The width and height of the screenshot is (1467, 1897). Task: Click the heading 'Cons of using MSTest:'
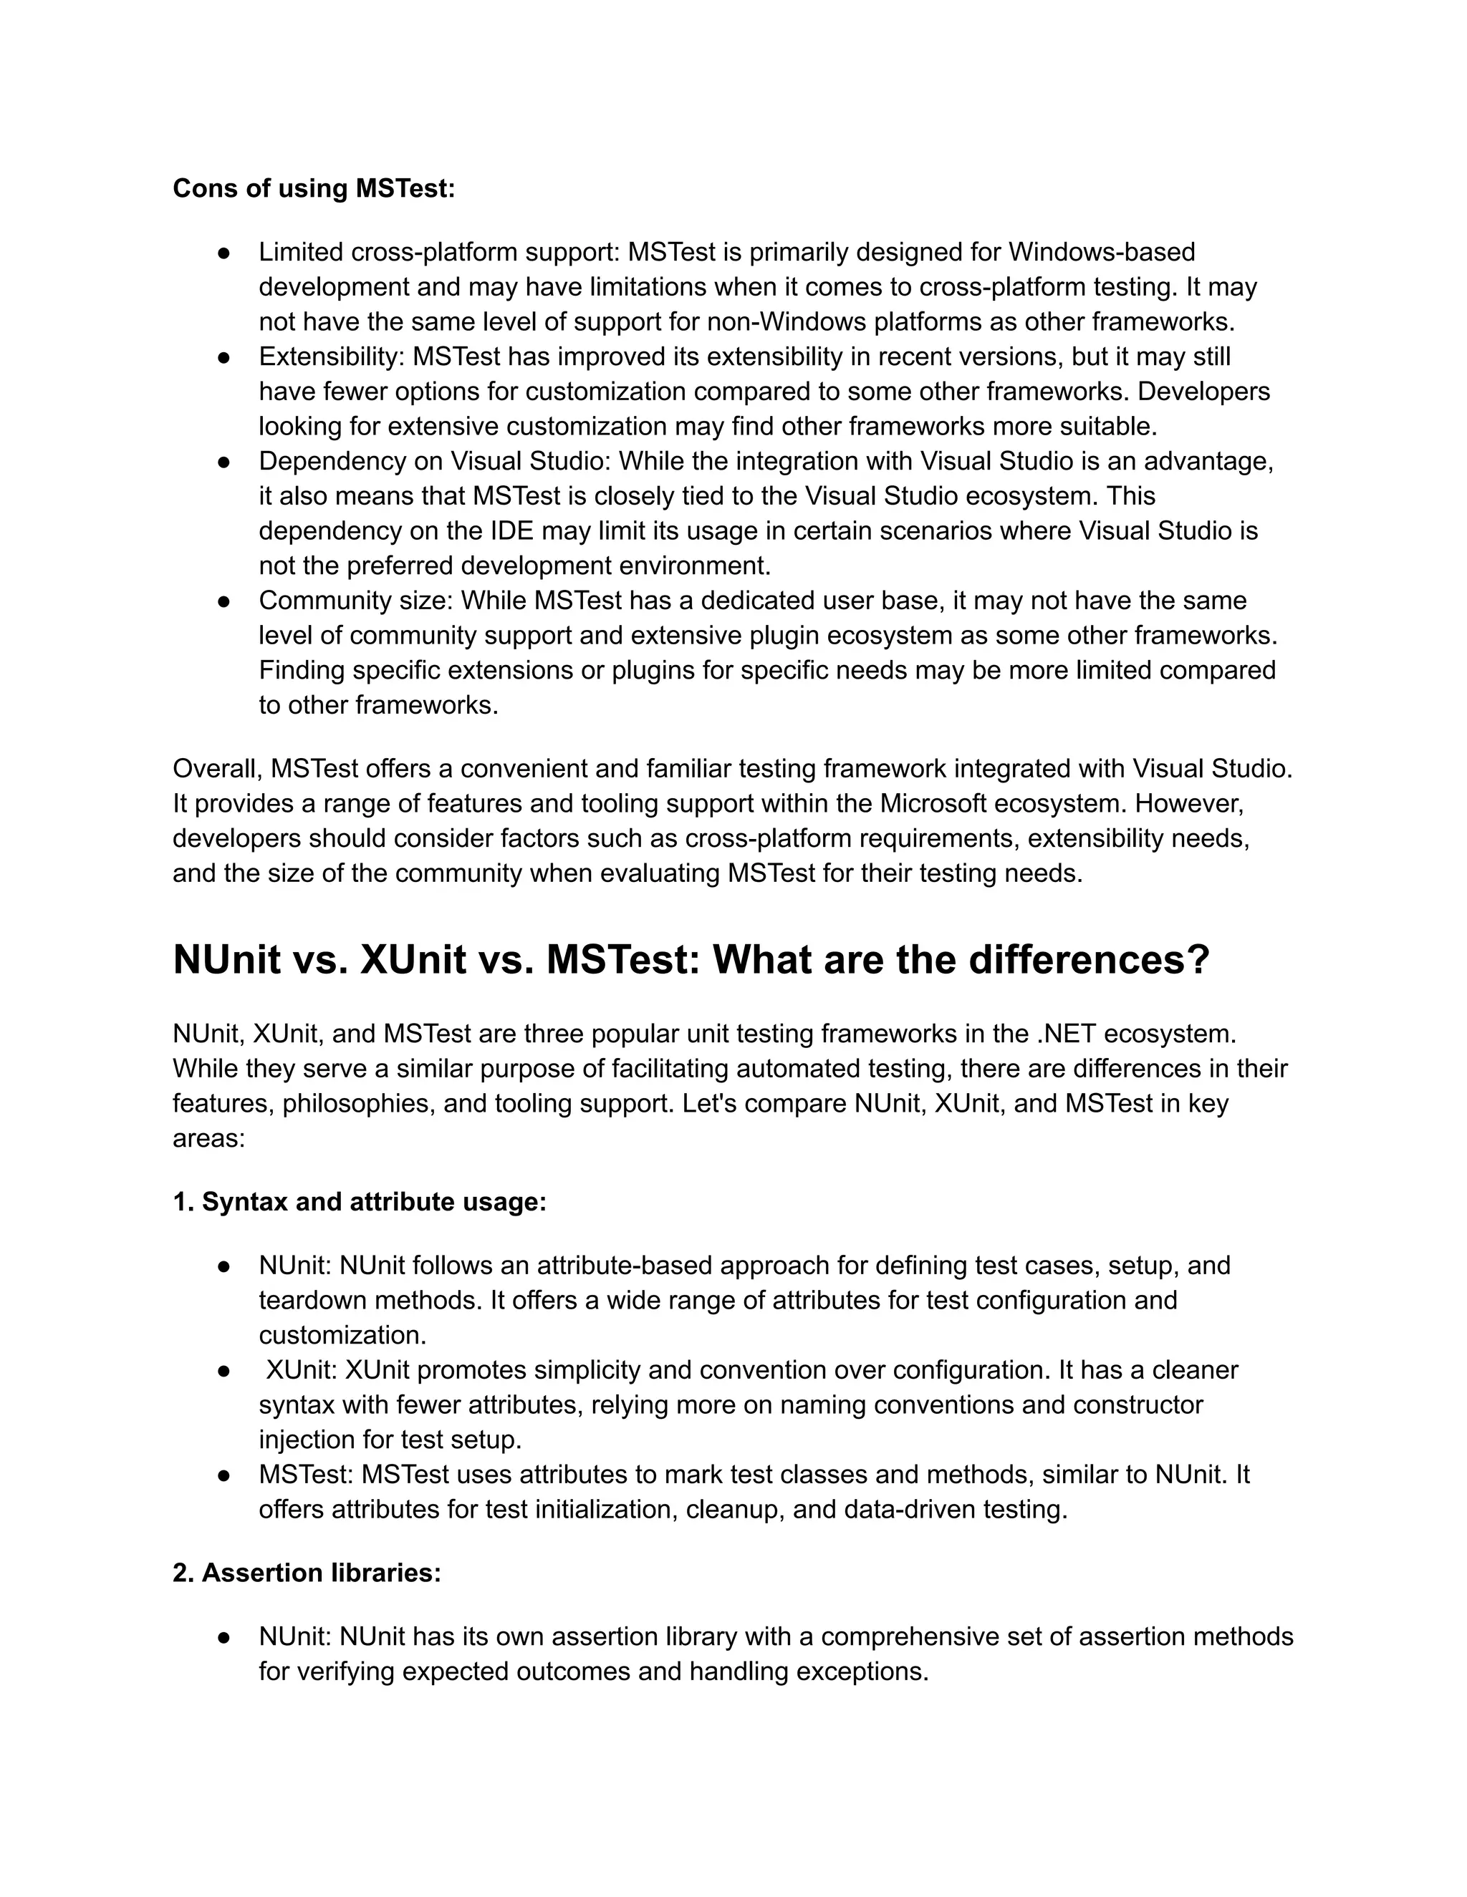coord(314,188)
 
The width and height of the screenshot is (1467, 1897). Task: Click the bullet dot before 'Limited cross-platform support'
coord(224,253)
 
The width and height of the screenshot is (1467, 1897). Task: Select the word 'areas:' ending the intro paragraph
coord(208,1138)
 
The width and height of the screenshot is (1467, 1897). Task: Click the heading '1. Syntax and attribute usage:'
coord(360,1202)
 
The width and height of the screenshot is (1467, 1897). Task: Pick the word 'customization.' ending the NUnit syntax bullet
coord(342,1335)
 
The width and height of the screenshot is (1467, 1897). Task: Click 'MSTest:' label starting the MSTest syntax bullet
coord(306,1474)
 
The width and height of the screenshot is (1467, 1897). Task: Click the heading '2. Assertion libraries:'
coord(307,1573)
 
